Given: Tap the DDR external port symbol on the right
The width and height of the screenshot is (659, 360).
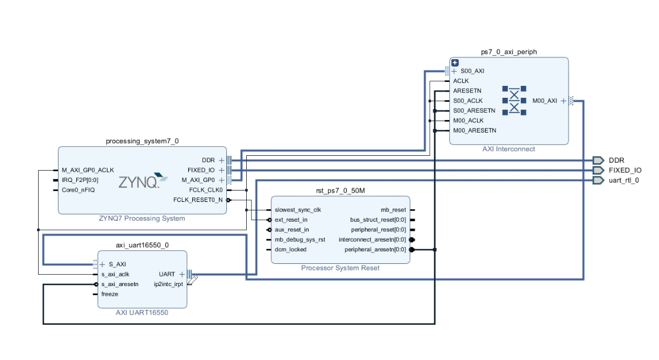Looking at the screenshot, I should coord(597,160).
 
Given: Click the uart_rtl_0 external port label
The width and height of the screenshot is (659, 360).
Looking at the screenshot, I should coord(624,180).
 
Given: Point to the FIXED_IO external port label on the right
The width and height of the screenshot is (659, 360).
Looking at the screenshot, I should coord(625,170).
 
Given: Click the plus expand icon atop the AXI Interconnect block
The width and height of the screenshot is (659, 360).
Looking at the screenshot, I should coord(454,63).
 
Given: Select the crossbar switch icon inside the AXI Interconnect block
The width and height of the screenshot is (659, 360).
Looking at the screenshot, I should coord(514,101).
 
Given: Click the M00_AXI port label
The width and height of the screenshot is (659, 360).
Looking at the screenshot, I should coord(545,101).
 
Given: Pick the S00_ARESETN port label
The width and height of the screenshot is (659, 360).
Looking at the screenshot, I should coord(474,110).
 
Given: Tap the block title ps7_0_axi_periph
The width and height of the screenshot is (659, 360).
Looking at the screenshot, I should coord(508,52).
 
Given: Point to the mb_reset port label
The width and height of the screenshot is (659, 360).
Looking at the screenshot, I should coord(393,210).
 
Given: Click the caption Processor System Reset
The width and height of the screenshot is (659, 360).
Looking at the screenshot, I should coord(340,268).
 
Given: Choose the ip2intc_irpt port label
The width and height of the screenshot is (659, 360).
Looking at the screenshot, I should coord(168,284).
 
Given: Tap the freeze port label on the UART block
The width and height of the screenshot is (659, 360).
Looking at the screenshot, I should coord(110,294).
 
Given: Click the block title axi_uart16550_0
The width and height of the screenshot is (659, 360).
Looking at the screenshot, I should coord(142,245).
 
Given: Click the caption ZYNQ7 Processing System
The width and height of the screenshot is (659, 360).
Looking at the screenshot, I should coord(142,218).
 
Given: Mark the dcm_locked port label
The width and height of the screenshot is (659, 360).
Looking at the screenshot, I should coord(290,250).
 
